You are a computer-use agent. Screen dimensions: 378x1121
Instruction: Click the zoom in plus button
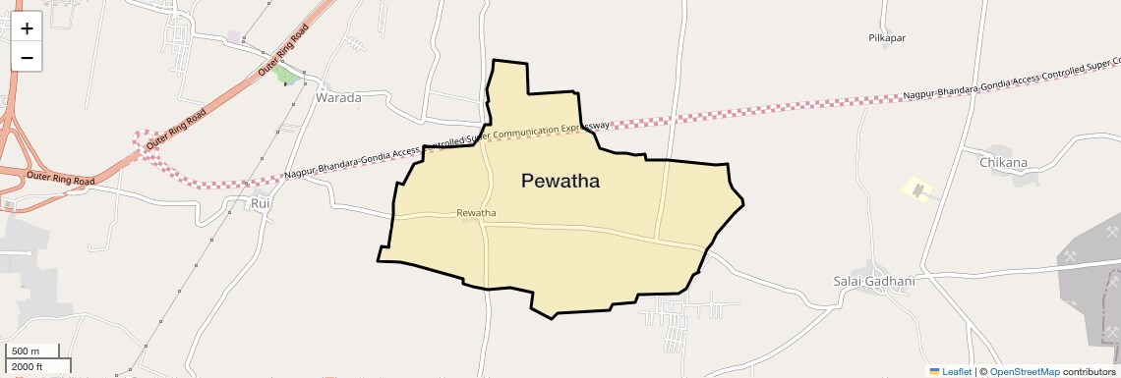[27, 28]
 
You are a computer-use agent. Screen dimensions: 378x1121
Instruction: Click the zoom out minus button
[27, 57]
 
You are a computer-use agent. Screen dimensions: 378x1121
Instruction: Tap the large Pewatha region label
[560, 181]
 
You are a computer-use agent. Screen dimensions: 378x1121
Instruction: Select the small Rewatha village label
[476, 213]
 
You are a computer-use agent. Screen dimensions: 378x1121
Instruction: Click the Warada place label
[338, 98]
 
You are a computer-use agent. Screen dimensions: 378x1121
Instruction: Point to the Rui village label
[261, 203]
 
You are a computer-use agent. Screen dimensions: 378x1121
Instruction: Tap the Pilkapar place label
[886, 38]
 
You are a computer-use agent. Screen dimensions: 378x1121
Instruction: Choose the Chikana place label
[1003, 162]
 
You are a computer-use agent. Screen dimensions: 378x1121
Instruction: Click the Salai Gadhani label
[874, 281]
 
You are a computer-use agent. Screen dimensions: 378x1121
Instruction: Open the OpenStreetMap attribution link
[1024, 371]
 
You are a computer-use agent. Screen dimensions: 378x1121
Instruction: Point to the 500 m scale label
[26, 351]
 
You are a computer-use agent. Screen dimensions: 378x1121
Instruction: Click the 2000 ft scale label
[29, 366]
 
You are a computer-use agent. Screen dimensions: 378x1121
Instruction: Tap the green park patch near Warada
[285, 75]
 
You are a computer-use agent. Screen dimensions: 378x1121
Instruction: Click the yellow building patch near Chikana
[917, 187]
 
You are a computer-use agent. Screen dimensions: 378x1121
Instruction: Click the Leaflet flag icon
[934, 371]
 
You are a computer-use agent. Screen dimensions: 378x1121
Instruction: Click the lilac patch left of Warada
[234, 37]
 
